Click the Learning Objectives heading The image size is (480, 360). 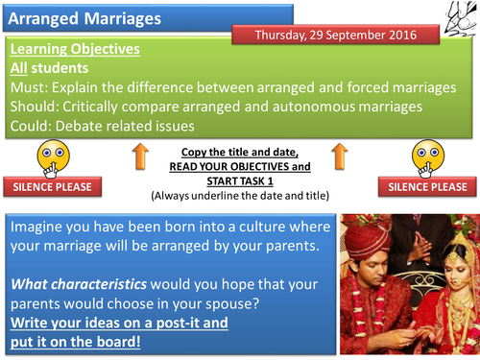(x=74, y=49)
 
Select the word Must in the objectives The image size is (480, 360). (x=29, y=87)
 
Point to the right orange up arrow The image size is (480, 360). (x=338, y=160)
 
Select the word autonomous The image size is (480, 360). (x=315, y=107)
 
